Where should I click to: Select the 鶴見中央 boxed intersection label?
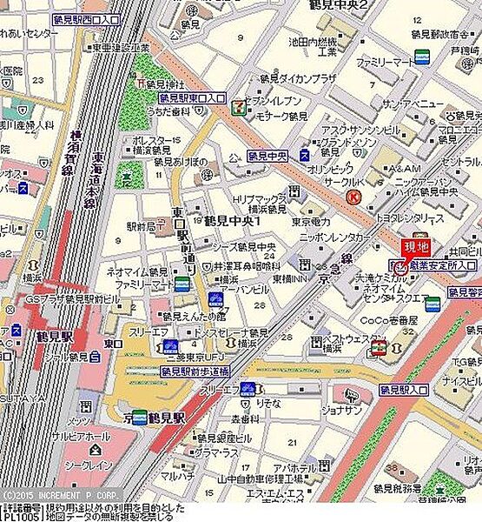click(268, 156)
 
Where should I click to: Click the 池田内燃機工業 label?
click(315, 45)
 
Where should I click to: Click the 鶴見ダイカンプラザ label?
click(302, 77)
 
